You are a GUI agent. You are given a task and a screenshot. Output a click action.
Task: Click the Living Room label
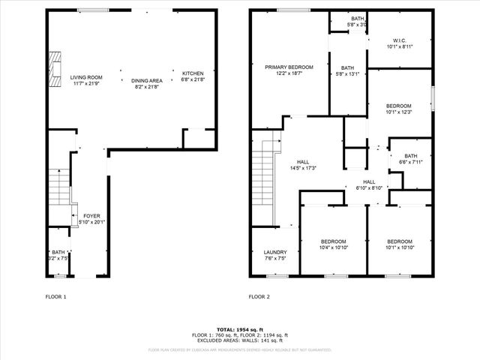[x=85, y=77]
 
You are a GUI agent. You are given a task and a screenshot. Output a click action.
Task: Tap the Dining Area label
[x=147, y=80]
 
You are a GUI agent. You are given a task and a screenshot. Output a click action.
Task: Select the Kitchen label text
[x=193, y=73]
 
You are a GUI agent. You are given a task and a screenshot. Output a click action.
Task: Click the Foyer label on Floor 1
[x=91, y=215]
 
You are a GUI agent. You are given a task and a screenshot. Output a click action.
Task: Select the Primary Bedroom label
[x=289, y=67]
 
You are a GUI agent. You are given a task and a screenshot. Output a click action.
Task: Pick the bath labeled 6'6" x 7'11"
[x=410, y=156]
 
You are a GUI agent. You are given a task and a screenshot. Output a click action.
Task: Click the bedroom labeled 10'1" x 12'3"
[x=398, y=106]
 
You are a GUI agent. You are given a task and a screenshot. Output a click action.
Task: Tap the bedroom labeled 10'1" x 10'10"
[x=398, y=241]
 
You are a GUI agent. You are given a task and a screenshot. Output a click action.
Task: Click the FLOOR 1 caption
[x=56, y=297]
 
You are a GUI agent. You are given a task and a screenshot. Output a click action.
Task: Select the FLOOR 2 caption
[x=259, y=297]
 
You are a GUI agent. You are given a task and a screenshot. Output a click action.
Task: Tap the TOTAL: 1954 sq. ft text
[x=240, y=330]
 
